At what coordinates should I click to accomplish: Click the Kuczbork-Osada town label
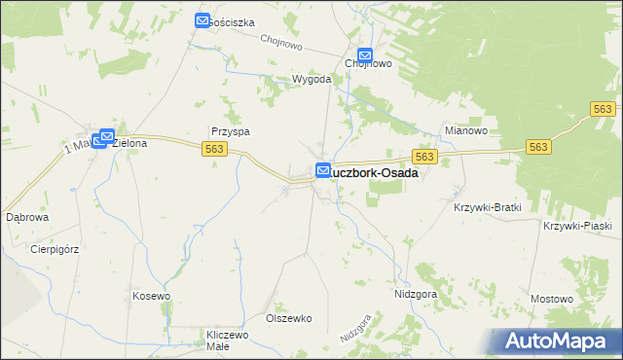376,172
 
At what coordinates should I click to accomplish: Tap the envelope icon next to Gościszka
202,20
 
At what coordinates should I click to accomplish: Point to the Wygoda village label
312,79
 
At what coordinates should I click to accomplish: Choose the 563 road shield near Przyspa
216,148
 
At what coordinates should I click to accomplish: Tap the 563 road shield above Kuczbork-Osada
422,156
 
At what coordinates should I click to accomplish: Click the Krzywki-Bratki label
488,207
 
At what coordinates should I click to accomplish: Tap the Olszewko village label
288,318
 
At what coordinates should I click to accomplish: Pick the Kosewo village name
151,296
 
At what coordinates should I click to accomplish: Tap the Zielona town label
129,143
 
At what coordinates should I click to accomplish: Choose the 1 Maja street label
78,146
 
